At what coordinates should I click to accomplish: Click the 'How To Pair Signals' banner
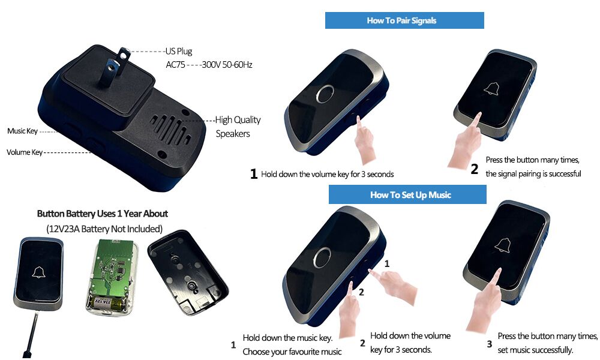[404, 20]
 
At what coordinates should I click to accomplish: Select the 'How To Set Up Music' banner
[407, 194]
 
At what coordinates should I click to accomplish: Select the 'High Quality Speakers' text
[238, 127]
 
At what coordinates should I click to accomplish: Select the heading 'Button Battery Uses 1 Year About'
[102, 214]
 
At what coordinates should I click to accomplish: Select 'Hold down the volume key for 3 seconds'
[328, 175]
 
